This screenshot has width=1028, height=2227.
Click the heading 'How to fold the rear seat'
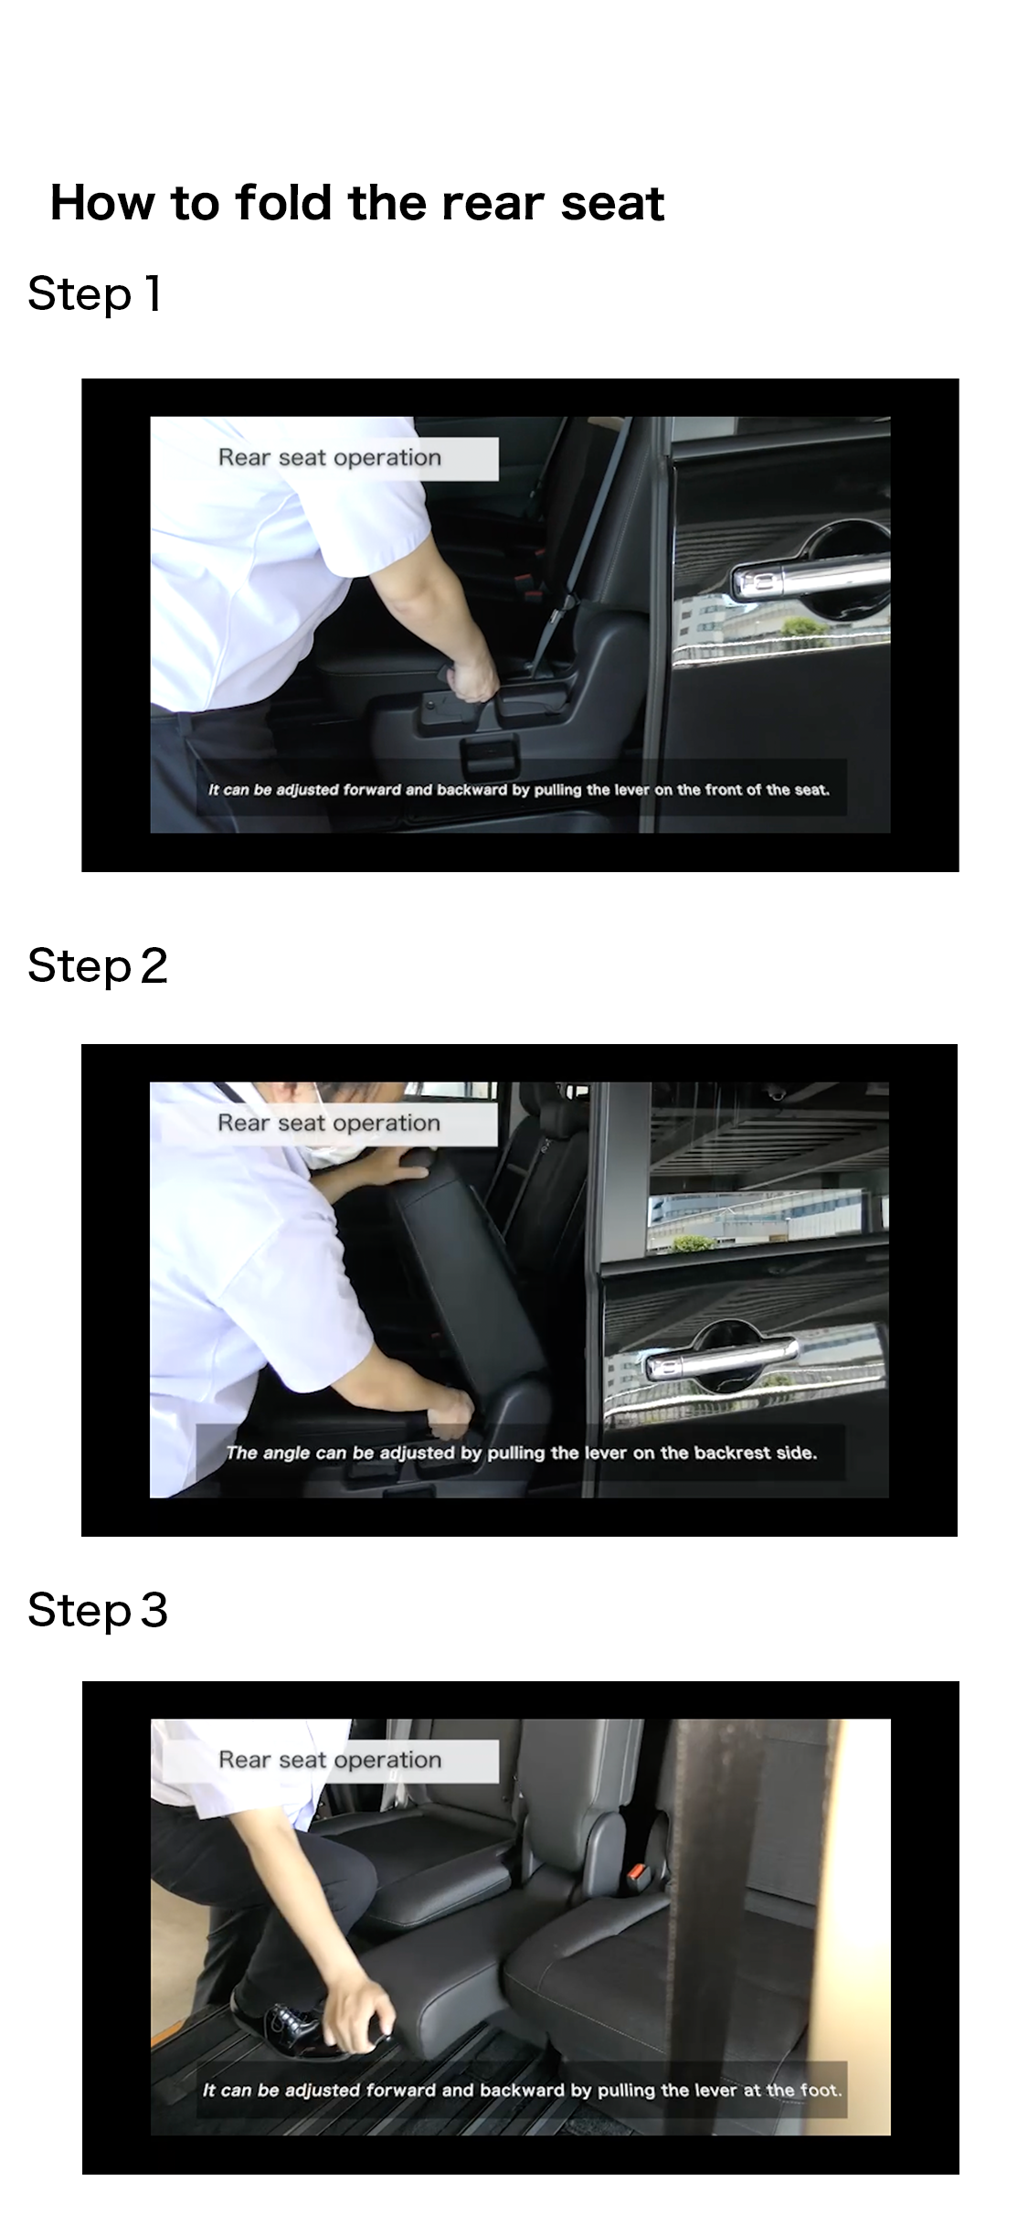pyautogui.click(x=356, y=202)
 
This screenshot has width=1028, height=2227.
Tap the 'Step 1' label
pyautogui.click(x=95, y=293)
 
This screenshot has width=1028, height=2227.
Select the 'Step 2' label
pyautogui.click(x=98, y=965)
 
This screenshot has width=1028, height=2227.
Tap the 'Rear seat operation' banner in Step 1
pyautogui.click(x=330, y=458)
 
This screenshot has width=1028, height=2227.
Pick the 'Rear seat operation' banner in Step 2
pyautogui.click(x=329, y=1124)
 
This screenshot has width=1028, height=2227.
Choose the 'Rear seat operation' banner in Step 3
pyautogui.click(x=330, y=1760)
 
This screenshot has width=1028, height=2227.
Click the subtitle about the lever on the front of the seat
pyautogui.click(x=519, y=789)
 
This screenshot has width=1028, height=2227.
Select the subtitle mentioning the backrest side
pyautogui.click(x=521, y=1453)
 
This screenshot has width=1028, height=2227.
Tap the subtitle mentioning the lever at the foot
pyautogui.click(x=522, y=2090)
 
